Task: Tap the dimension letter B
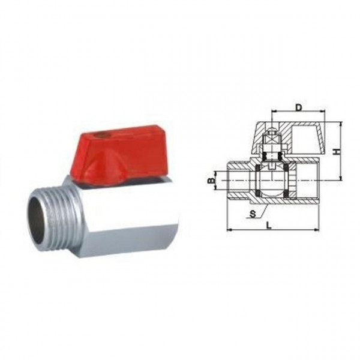(211, 180)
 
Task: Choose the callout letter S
(253, 212)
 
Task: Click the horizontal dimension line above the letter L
(273, 230)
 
